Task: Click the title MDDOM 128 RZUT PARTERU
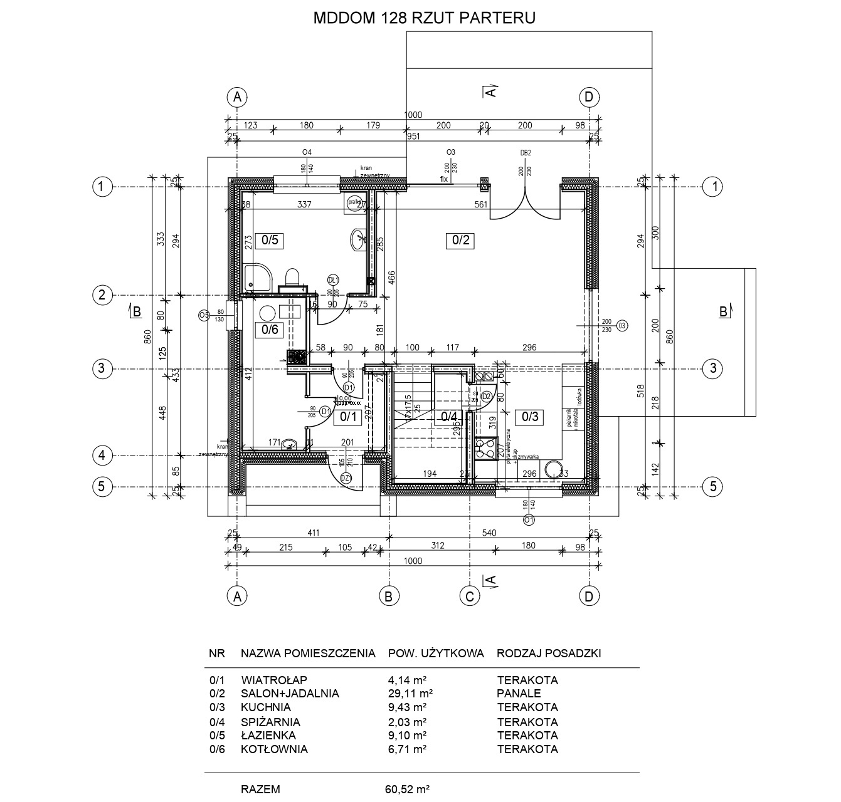point(424,18)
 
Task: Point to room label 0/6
point(270,330)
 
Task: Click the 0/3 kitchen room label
point(530,416)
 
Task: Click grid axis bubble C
point(469,596)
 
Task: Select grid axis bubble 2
point(101,294)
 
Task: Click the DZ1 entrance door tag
point(346,479)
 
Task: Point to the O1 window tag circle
point(529,519)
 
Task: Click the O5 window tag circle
point(204,315)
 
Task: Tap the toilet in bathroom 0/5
point(292,276)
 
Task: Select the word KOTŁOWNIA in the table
point(274,749)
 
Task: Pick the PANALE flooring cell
point(519,694)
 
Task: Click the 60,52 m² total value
point(407,789)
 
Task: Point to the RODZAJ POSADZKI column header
point(549,654)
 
